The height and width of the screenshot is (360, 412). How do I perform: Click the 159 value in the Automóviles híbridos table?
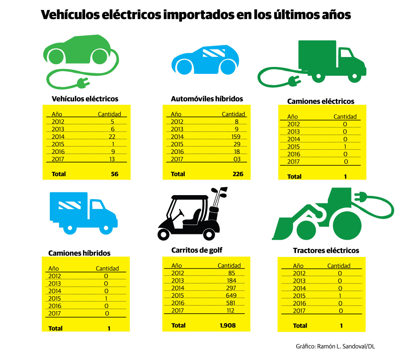coord(236,137)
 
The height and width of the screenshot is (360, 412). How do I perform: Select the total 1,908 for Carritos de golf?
coord(228,325)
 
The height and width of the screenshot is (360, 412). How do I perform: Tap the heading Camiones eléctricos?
coord(321,101)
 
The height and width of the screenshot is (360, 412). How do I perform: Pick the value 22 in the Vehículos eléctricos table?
coord(112,137)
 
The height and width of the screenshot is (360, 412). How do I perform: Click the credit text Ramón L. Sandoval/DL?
coord(346,346)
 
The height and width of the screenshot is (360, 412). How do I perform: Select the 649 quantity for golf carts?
coord(231,295)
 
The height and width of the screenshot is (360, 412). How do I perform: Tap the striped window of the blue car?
coord(214,53)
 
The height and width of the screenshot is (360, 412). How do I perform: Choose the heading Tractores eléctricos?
coord(326,250)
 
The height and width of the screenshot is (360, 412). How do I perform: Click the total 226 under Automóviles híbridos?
coord(238,174)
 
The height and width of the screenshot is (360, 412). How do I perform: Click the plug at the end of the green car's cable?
coord(82,83)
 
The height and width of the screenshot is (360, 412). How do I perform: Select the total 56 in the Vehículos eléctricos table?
coord(115,174)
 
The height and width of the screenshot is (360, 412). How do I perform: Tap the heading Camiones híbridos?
coord(79,253)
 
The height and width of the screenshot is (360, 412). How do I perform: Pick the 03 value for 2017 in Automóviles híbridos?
coord(237,159)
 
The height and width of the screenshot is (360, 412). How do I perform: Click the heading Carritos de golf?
coord(197,250)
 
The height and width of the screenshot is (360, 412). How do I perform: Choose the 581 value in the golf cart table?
coord(231,303)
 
